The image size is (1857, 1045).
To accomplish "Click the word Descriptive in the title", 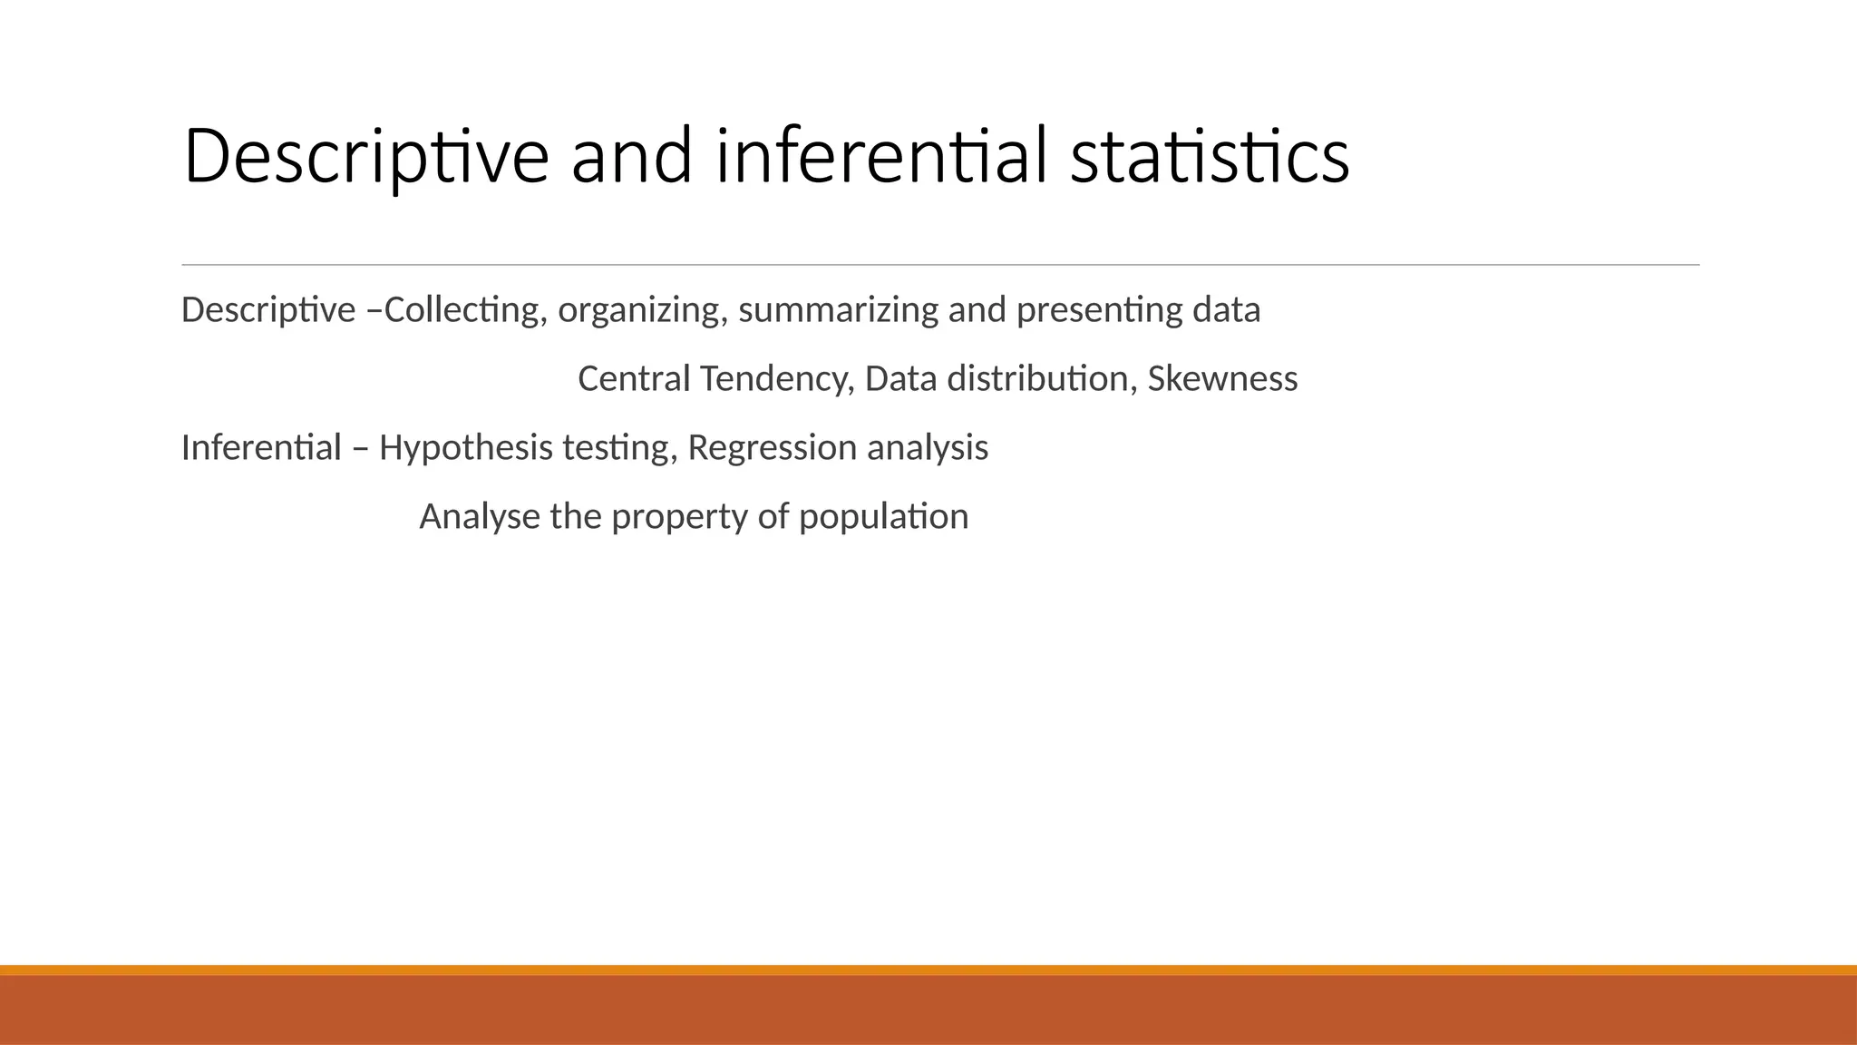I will click(365, 157).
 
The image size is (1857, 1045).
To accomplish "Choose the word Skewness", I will click(1222, 379).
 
